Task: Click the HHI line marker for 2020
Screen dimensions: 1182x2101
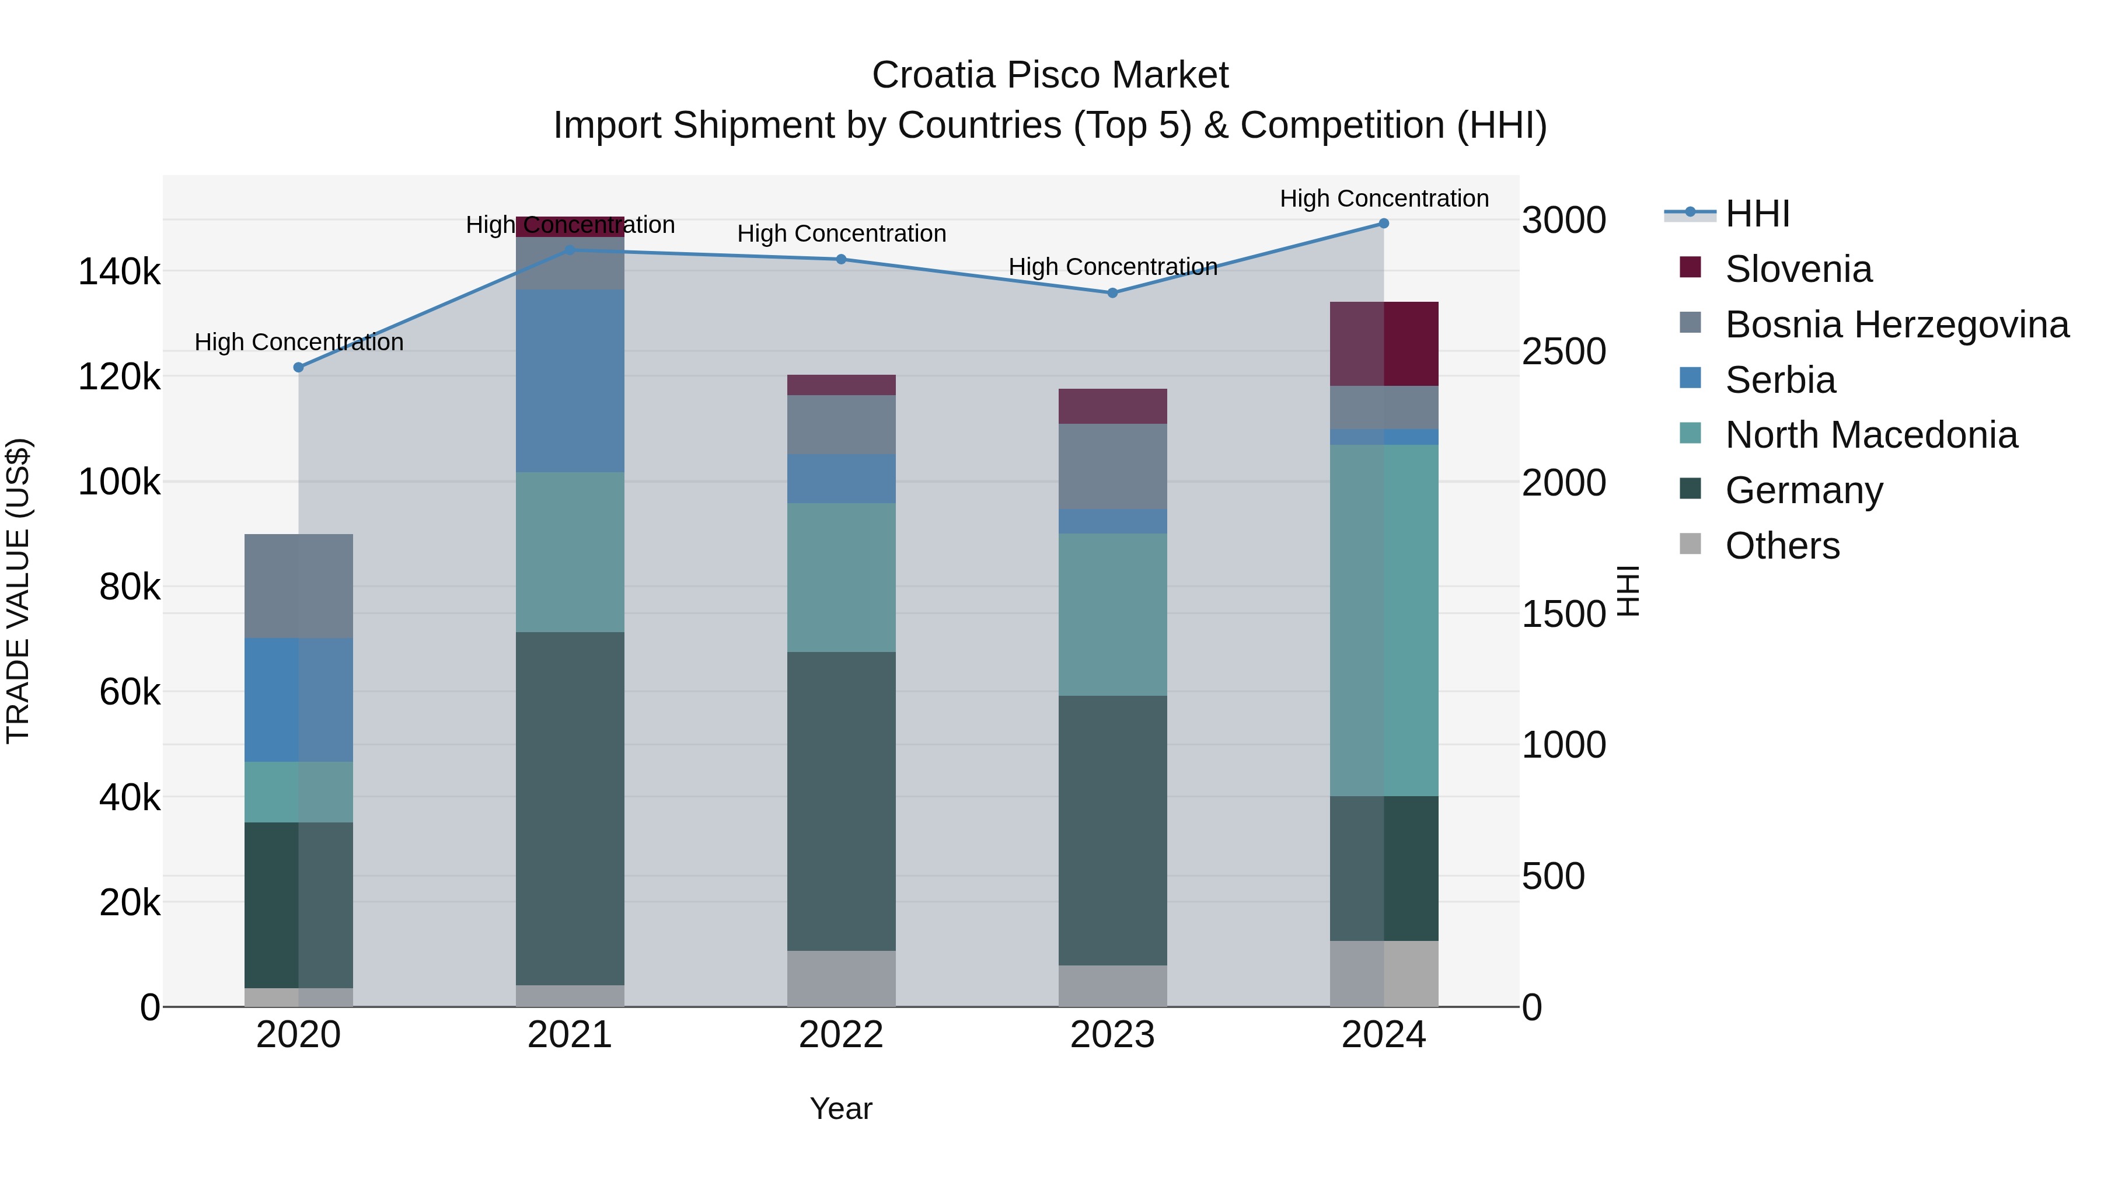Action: pos(298,368)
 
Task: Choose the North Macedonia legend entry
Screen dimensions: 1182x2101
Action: pos(1870,435)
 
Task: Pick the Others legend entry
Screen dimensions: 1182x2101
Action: pos(1782,546)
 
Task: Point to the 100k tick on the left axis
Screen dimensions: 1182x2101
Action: pos(119,482)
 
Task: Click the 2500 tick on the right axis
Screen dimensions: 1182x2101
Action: pos(1563,351)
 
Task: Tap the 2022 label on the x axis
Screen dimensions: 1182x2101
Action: pos(841,1035)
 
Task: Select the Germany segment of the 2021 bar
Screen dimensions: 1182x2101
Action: pos(570,808)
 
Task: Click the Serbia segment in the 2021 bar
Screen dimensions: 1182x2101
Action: pos(570,380)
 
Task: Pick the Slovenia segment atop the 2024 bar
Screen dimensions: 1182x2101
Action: pos(1384,343)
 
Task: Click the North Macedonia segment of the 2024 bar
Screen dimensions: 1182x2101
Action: pos(1384,620)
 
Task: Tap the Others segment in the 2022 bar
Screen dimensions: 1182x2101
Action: pos(841,978)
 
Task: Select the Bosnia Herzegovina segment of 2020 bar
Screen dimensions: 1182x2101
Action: pos(298,585)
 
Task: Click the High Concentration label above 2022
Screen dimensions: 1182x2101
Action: pos(841,234)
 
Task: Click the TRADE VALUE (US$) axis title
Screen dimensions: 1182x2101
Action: pos(18,591)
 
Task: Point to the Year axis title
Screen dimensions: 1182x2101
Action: pos(841,1108)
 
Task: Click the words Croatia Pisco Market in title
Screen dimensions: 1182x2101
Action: pos(1050,75)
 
